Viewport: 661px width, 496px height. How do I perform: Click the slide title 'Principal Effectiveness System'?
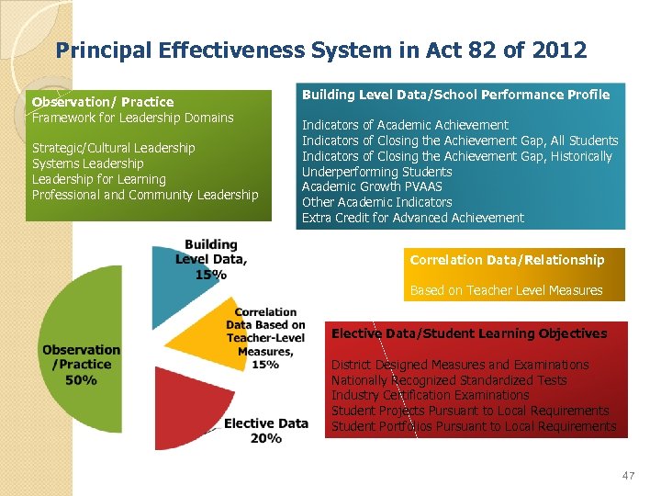321,50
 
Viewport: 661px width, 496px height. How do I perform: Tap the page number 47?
628,475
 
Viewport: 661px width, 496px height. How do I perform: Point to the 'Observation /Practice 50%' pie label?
81,365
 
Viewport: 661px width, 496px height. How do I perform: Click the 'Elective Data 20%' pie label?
265,431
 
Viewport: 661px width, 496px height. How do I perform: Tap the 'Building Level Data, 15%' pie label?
211,260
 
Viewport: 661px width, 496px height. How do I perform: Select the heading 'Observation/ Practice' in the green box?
103,102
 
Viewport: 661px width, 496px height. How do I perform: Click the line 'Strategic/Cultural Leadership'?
114,148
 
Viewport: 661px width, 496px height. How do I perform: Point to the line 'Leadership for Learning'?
99,179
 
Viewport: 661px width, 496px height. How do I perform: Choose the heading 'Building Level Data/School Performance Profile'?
455,95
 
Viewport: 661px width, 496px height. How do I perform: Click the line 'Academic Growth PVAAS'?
372,186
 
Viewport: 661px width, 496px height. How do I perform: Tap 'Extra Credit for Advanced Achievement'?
413,218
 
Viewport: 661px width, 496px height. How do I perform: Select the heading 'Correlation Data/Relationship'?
507,260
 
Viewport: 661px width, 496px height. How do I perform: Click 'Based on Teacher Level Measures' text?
506,290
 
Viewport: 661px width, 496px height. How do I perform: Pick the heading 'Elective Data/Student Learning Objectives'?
469,333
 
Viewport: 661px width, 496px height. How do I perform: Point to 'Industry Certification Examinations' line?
431,395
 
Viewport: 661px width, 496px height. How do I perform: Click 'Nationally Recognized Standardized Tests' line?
449,380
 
